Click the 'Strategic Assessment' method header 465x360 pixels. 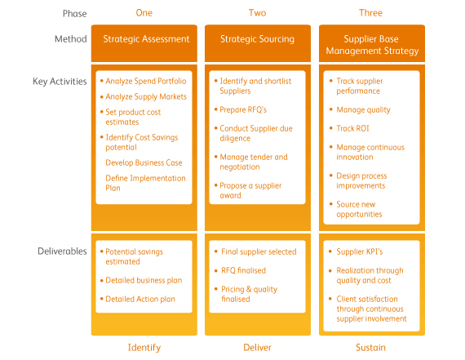pos(144,43)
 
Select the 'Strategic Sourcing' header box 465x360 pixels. pos(258,43)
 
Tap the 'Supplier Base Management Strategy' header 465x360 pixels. pos(372,43)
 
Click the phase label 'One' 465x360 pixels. pos(144,13)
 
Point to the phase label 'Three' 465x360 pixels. pos(370,13)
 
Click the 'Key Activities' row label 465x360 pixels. pos(60,82)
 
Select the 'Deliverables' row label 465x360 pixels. pos(62,251)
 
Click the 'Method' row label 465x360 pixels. pos(71,39)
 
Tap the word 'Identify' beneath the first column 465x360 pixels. pos(144,348)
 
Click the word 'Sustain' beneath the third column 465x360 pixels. pos(370,348)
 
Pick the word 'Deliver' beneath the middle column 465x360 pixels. pos(258,348)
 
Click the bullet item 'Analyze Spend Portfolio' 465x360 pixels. pos(146,81)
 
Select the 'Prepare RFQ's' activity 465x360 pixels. pos(243,110)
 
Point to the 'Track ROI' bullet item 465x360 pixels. pos(352,128)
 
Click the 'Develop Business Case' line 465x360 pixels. pos(144,162)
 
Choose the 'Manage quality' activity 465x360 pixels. pos(363,110)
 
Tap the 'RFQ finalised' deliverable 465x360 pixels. pos(243,270)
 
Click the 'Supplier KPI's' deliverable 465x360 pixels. pos(360,251)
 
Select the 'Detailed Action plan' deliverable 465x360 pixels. pos(140,299)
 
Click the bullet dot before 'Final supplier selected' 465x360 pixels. pos(216,251)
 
